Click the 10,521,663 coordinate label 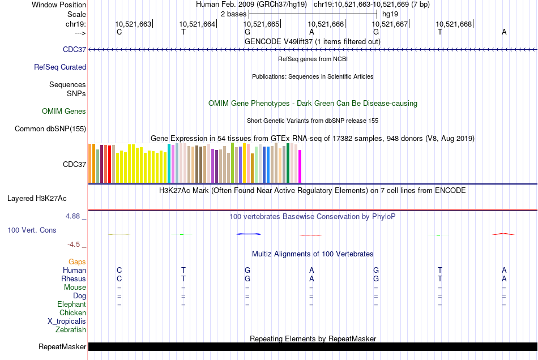(133, 24)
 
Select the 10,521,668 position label (454, 24)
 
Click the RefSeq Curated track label (60, 67)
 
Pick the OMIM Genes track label (64, 111)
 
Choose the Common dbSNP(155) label (50, 128)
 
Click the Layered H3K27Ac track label (37, 198)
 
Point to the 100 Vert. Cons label (32, 230)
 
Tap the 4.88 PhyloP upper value (75, 216)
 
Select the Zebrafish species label (71, 329)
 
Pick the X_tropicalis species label (67, 321)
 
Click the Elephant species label (71, 304)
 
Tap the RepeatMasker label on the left (62, 346)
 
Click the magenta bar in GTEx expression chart (300, 166)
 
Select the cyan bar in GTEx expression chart (169, 163)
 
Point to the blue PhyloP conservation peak (248, 234)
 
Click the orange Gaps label (77, 262)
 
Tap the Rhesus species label (74, 278)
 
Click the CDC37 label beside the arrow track (75, 49)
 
